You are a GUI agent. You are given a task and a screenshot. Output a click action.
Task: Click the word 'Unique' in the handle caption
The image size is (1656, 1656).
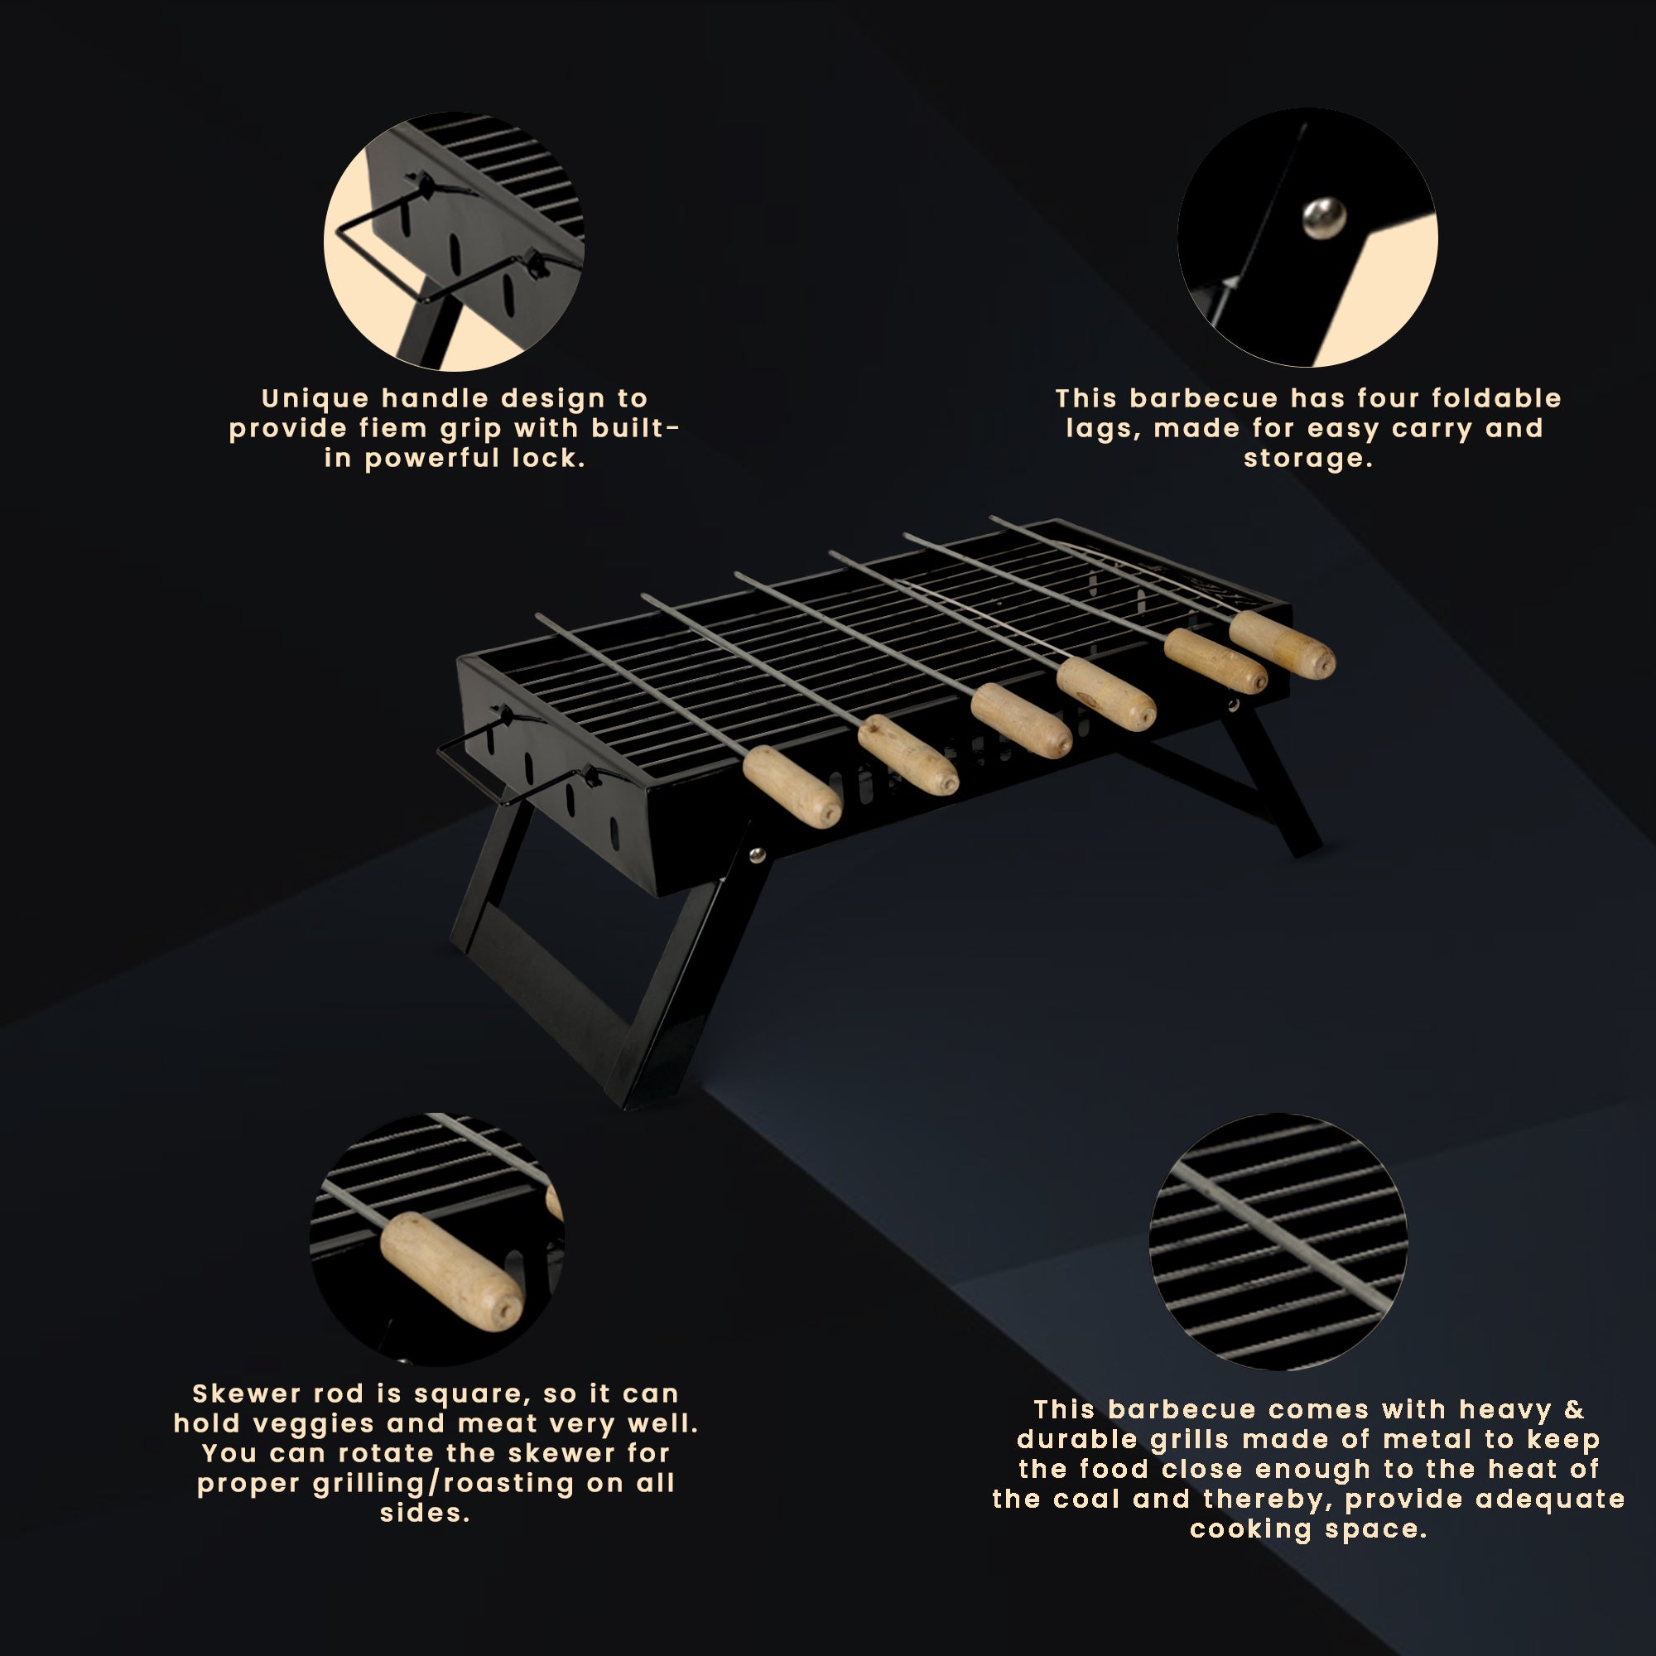(315, 398)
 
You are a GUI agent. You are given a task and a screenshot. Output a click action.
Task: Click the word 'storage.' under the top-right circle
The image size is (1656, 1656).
(1308, 459)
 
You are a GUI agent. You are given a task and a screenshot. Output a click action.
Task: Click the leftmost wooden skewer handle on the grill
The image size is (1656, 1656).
(791, 785)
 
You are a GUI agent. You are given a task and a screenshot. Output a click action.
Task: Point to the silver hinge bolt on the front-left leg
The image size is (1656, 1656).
(757, 854)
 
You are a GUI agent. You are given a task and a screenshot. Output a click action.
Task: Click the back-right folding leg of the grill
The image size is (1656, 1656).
(1277, 784)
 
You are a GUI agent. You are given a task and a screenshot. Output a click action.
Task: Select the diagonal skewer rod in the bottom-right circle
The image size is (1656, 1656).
(1277, 1235)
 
